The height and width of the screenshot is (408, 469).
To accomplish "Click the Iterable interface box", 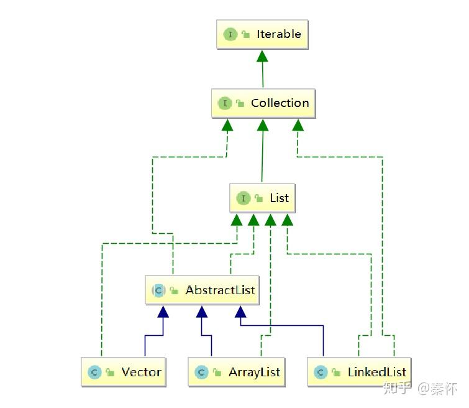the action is click(x=262, y=34).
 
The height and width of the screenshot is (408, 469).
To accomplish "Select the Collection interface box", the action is click(x=263, y=103).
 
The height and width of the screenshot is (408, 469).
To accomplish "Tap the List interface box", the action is click(x=262, y=198).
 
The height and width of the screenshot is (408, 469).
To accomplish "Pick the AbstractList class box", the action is click(x=202, y=290).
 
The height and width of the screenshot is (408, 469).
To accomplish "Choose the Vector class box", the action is click(x=124, y=372).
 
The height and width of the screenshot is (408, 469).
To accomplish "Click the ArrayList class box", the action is click(x=237, y=372).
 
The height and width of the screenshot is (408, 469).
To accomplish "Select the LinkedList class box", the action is click(x=359, y=372).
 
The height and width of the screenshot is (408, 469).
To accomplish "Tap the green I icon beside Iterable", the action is click(x=230, y=34).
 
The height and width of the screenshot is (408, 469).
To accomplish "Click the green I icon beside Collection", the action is click(x=225, y=103).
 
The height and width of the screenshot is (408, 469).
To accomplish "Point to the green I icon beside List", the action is click(x=244, y=198).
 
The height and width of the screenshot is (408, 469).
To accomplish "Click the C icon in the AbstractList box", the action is click(x=158, y=290).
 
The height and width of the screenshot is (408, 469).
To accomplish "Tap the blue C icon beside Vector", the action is click(x=94, y=373).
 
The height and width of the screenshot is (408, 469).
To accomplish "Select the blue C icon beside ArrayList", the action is click(x=201, y=373).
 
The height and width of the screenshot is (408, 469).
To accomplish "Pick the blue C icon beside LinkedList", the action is click(x=321, y=373).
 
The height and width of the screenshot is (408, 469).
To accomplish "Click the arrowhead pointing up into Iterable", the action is click(x=262, y=56).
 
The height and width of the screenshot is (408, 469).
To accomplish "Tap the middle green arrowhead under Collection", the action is click(x=263, y=125).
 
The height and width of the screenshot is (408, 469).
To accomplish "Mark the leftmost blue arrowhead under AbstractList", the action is click(x=163, y=312).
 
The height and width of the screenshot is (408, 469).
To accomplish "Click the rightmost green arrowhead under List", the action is click(x=288, y=220).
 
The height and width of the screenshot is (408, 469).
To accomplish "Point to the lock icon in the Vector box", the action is click(x=111, y=373).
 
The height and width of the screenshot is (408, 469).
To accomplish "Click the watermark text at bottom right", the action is click(x=420, y=389).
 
